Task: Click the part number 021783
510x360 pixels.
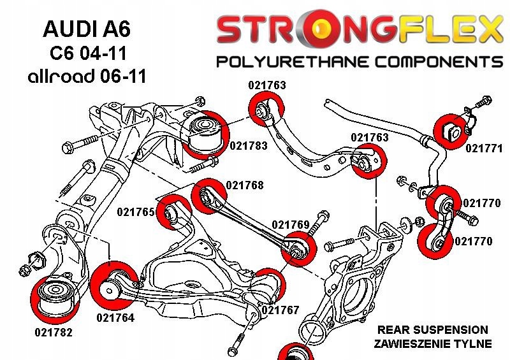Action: pyautogui.click(x=249, y=146)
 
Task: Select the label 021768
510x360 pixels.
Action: pyautogui.click(x=245, y=185)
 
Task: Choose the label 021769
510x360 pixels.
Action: pyautogui.click(x=291, y=225)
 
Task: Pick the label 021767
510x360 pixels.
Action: pyautogui.click(x=280, y=310)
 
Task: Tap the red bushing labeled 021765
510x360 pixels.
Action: pyautogui.click(x=174, y=211)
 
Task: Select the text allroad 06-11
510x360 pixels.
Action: pyautogui.click(x=87, y=76)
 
